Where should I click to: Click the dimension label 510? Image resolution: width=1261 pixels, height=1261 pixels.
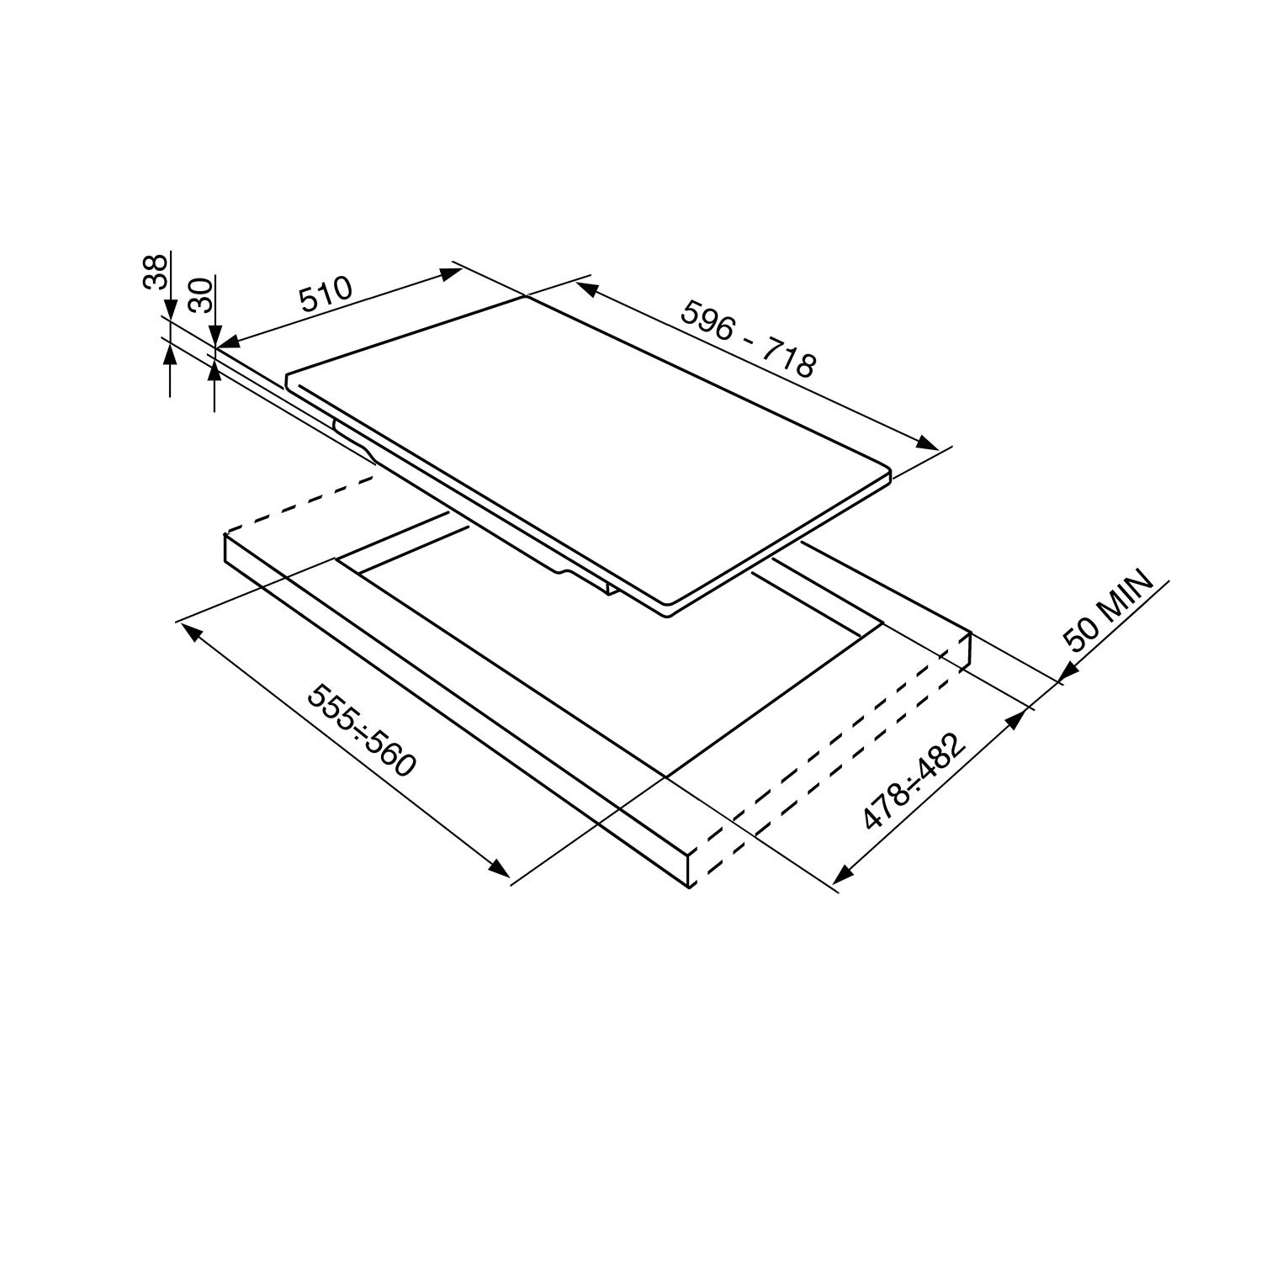[x=325, y=295]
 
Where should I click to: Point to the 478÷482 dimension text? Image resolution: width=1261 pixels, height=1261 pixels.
[x=916, y=781]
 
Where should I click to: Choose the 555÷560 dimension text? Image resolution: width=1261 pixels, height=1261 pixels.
[x=362, y=730]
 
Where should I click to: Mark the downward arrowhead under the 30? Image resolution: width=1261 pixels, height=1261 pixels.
[x=215, y=338]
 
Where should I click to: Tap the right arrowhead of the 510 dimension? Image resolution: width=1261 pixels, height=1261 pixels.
[x=452, y=272]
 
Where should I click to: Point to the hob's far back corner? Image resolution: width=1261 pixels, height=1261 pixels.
[x=525, y=297]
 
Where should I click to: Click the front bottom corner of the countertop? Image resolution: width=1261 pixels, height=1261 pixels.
[x=690, y=887]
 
